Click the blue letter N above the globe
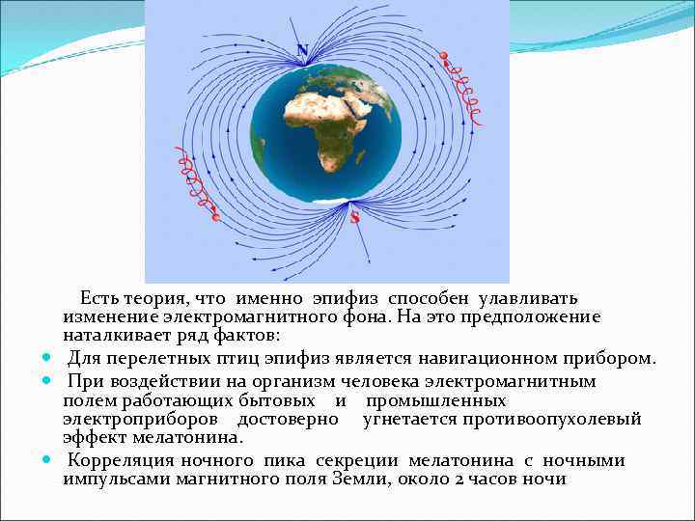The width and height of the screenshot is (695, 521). pyautogui.click(x=303, y=50)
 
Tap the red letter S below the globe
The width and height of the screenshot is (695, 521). pyautogui.click(x=354, y=218)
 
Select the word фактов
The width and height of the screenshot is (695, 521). pyautogui.click(x=249, y=336)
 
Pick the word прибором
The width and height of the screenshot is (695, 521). pyautogui.click(x=608, y=359)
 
